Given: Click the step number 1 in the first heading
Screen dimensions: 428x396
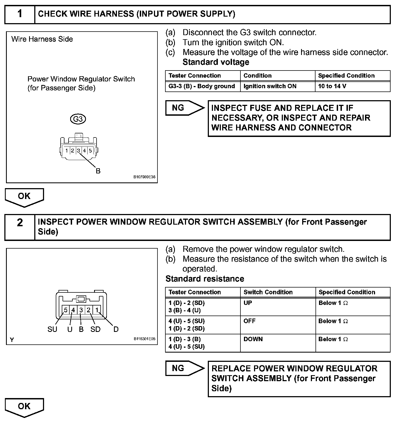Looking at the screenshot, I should pos(20,14).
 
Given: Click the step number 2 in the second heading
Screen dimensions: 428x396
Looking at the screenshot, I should pos(20,222).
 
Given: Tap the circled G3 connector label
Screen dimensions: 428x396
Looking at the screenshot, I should pos(78,119).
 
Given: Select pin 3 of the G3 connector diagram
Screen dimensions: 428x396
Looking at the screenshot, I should pos(78,150).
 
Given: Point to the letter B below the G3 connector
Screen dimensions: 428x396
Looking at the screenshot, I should pos(98,171).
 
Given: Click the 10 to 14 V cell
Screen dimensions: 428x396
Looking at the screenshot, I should pos(332,86).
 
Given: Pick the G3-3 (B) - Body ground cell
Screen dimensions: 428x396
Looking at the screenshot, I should pos(202,86).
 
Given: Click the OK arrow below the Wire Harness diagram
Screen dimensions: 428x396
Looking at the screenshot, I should pos(24,197).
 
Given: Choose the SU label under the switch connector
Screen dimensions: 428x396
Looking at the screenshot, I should pos(52,329).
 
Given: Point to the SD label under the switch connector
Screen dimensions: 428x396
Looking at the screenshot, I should pos(95,329).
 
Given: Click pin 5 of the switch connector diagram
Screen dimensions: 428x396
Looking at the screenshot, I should pos(66,310).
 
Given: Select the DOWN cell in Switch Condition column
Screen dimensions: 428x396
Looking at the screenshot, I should pos(253,339).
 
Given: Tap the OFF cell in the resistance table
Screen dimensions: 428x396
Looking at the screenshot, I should pos(249,321).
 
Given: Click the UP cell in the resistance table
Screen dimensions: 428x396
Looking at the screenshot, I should pos(247,303).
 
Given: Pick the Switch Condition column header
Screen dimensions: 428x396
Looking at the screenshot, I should pos(268,292).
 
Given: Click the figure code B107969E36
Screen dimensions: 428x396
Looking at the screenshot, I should pos(144,177).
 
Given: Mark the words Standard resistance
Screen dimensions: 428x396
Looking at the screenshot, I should pos(205,279).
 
